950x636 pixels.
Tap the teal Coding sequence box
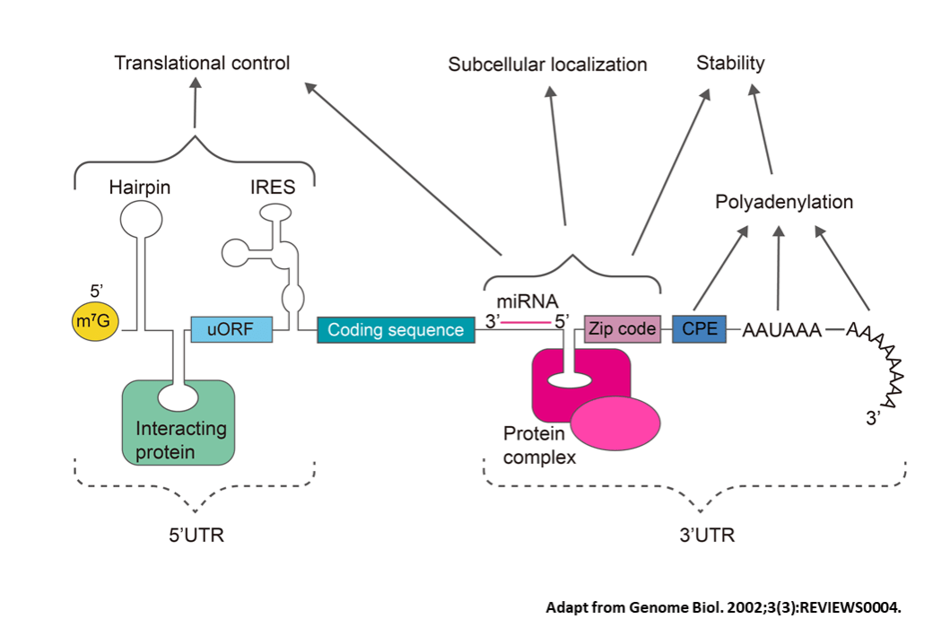pos(396,330)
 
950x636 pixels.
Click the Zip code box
pos(621,329)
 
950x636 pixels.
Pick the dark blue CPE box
pos(700,329)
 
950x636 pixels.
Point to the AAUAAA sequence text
pos(781,331)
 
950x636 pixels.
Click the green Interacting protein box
pos(179,422)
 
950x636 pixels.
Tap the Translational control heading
pos(202,64)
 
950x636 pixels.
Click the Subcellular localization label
pos(547,65)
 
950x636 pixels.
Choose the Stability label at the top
pos(730,63)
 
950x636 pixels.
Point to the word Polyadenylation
pos(783,202)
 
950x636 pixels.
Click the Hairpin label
pos(139,187)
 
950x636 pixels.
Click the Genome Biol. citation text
pos(723,607)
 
